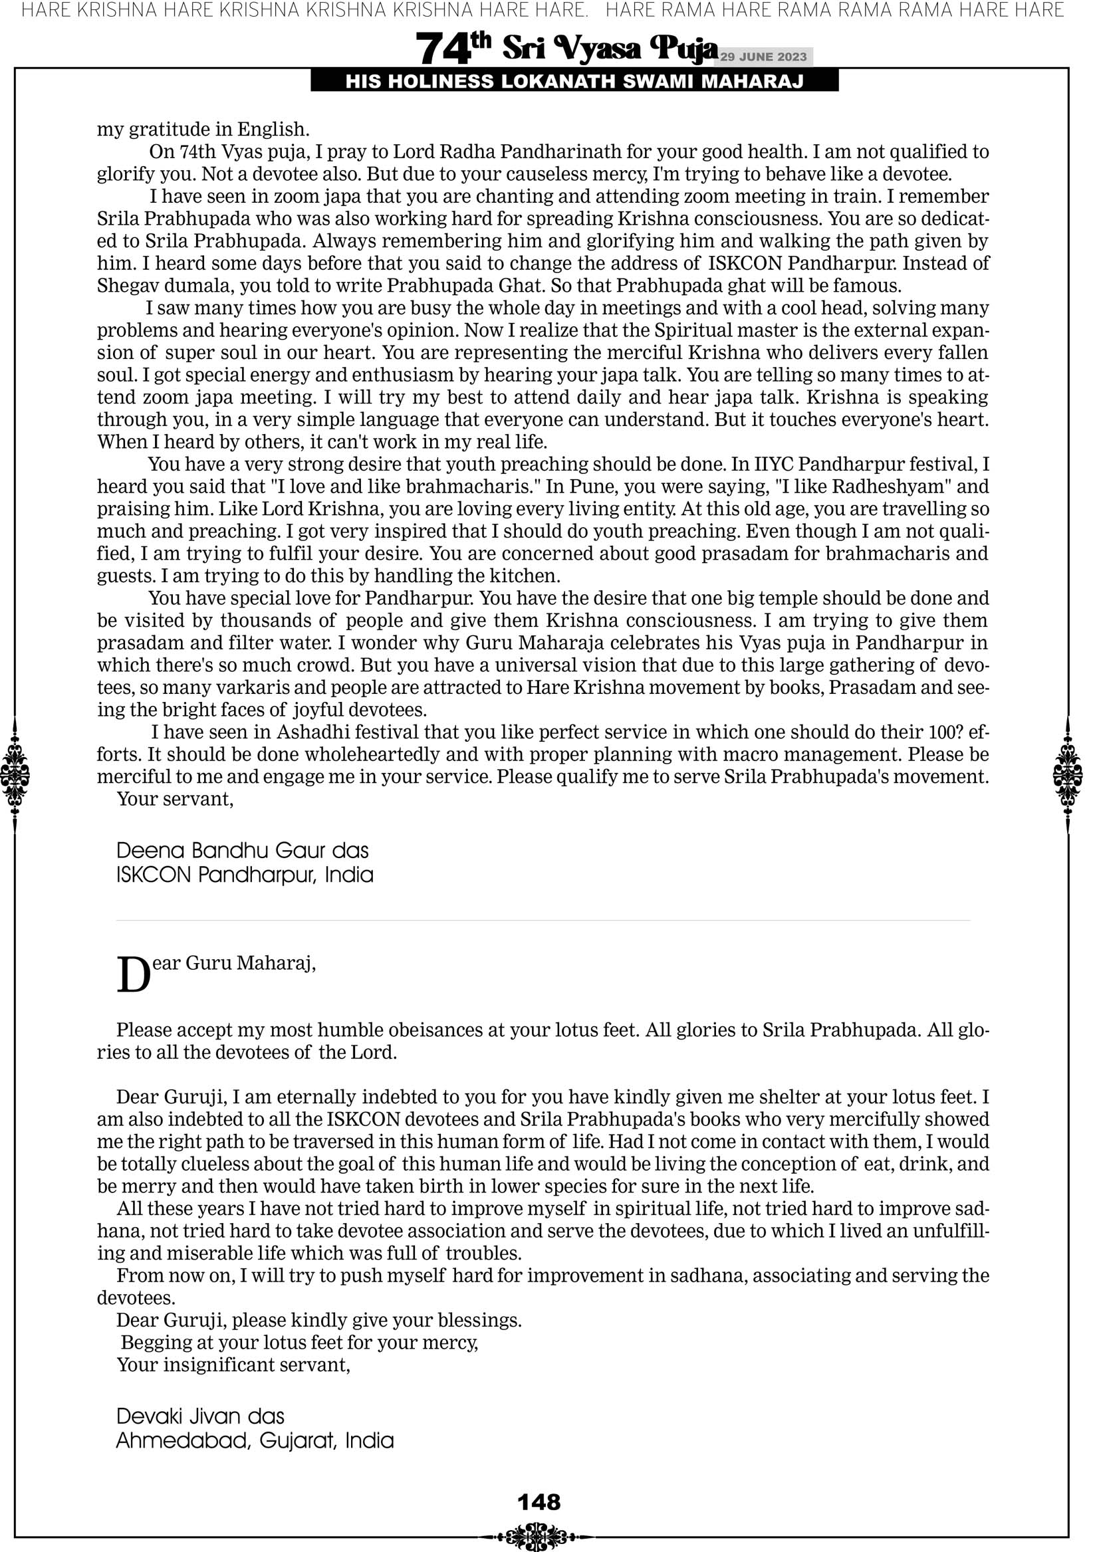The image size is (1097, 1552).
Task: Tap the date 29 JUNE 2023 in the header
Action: tap(763, 56)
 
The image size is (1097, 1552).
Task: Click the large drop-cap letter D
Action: tap(133, 976)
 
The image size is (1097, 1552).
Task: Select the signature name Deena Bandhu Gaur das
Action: tap(242, 850)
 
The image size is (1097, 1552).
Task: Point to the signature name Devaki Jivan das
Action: tap(200, 1416)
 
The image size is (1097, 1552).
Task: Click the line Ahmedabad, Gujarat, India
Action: tap(254, 1440)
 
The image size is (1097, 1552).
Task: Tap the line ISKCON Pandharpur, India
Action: tap(244, 875)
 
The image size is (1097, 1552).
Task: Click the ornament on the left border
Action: tap(15, 774)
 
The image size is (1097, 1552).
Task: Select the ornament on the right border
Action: tap(1068, 774)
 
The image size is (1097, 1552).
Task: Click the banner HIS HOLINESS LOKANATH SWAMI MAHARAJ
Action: tap(574, 82)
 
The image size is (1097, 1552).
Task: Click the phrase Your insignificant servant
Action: tap(233, 1365)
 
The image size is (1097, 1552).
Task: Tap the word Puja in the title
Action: tap(683, 49)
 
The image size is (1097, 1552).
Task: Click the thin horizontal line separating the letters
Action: tap(543, 921)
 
